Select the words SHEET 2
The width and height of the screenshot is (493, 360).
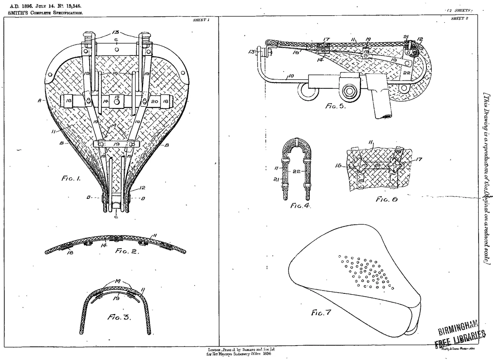click(459, 18)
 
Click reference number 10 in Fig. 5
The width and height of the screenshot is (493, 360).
click(291, 76)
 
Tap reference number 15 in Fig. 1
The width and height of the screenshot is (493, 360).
click(117, 97)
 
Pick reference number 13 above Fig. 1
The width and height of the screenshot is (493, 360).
click(116, 32)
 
